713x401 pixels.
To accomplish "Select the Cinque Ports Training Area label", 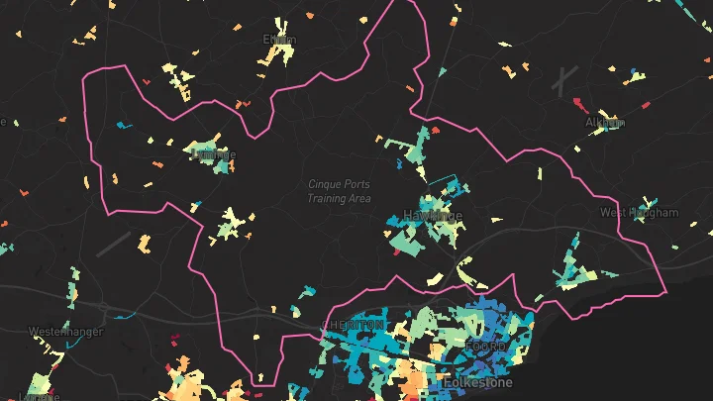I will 339,191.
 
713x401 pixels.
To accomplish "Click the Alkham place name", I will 604,123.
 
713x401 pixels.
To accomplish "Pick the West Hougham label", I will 639,213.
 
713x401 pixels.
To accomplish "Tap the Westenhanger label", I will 65,331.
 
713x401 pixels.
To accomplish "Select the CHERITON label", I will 353,326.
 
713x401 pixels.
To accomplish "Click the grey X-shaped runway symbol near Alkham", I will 565,80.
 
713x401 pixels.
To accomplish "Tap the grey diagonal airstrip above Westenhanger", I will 114,244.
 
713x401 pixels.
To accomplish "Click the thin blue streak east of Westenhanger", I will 124,316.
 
